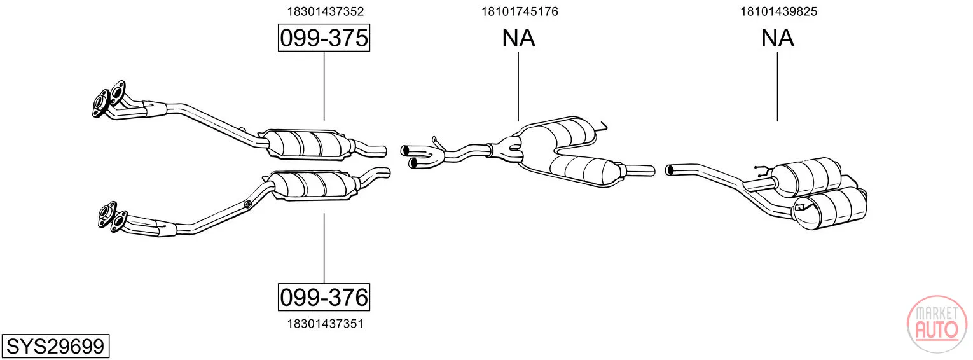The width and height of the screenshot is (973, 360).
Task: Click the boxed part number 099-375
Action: pos(324,38)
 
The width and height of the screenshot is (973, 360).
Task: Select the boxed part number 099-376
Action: pos(324,297)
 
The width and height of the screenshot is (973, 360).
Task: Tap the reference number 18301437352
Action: pos(326,11)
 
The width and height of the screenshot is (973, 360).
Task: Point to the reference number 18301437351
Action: pos(326,324)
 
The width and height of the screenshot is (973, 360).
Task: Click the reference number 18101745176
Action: pos(520,11)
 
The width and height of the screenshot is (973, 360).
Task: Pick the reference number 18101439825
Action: pos(779,11)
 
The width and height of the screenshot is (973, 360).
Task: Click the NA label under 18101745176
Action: pos(519,38)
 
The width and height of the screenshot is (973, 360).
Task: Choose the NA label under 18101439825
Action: pos(778,38)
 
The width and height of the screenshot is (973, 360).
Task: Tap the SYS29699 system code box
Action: pos(55,346)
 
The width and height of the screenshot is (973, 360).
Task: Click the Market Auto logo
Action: pos(937,324)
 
